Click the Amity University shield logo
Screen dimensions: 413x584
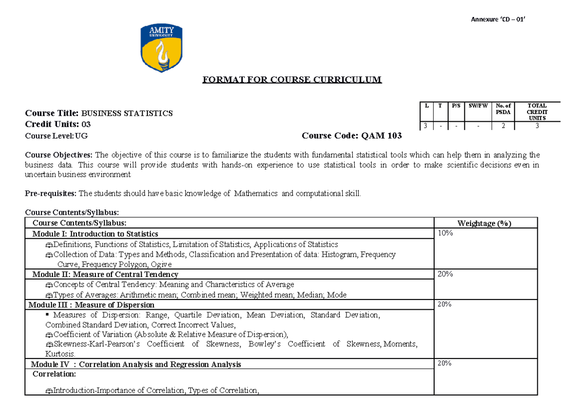(162, 48)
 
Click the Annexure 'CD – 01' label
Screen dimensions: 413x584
(498, 19)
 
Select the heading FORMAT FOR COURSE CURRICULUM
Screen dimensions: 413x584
(292, 80)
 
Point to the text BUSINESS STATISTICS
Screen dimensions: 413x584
(127, 113)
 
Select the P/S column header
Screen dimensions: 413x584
(456, 105)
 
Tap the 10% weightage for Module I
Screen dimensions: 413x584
(445, 234)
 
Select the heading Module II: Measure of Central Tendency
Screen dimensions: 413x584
(105, 275)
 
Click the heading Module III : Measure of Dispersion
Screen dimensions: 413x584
(91, 305)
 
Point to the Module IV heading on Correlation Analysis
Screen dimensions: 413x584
(136, 364)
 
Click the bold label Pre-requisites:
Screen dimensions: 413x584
(51, 193)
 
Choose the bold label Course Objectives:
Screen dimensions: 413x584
(59, 155)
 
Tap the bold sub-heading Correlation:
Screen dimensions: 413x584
(54, 374)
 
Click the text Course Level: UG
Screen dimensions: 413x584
(56, 136)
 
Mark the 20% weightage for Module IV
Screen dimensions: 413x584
(445, 363)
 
